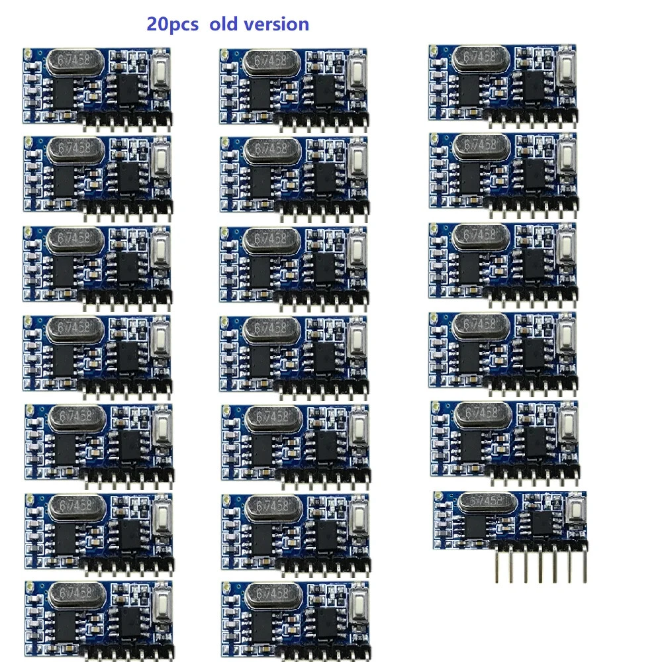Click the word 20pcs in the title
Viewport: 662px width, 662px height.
[173, 24]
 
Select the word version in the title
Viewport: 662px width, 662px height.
[277, 24]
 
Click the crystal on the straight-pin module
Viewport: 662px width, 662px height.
[488, 503]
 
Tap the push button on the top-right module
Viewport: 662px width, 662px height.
[567, 67]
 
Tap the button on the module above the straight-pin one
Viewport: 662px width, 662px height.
[569, 422]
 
